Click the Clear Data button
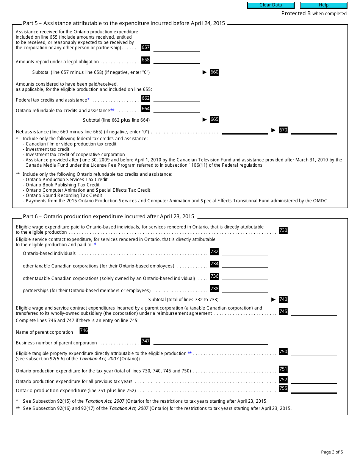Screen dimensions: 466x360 tap(271, 5)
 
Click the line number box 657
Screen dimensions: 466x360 tap(146, 47)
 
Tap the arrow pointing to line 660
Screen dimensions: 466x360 tap(205, 72)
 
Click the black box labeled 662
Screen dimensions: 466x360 tap(146, 98)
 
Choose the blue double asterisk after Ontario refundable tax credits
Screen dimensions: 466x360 tap(112, 110)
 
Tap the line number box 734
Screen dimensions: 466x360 tap(214, 264)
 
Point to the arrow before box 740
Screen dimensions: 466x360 tap(273, 299)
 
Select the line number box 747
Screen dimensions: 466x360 tap(146, 341)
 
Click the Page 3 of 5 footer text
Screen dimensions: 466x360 tap(332, 452)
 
